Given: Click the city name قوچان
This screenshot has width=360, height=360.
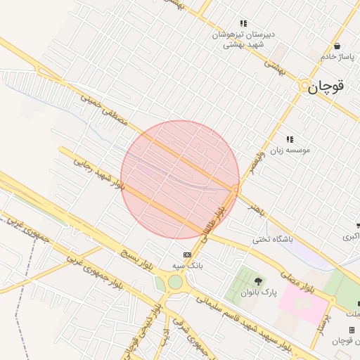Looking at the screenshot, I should [327, 86].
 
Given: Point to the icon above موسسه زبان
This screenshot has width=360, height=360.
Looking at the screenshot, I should [290, 139].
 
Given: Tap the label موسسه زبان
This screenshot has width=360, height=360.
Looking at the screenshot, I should [290, 150].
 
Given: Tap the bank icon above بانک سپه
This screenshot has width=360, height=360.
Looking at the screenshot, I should [187, 255].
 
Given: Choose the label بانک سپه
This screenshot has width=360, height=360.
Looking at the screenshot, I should [188, 266].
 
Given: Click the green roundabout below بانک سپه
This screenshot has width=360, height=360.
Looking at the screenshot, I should [175, 282].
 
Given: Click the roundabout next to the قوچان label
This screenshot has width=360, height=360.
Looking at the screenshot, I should [305, 86].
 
